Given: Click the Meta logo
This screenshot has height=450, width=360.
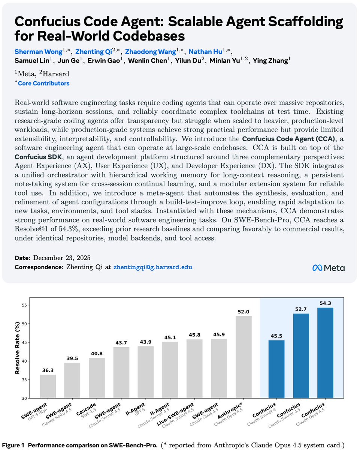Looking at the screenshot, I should point(328,267).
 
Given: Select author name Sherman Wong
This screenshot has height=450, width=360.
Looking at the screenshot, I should point(36,51).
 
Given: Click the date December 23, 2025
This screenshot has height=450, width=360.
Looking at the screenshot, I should point(62,258).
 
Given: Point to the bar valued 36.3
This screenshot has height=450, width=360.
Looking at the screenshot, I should point(48,386).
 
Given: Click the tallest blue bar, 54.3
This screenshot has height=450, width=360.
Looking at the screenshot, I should point(325,352).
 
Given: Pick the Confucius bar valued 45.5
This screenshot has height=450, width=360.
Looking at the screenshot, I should point(276,369).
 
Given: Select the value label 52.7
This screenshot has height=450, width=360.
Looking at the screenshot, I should point(301,309).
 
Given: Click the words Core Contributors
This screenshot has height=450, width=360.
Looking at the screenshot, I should point(43,83).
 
